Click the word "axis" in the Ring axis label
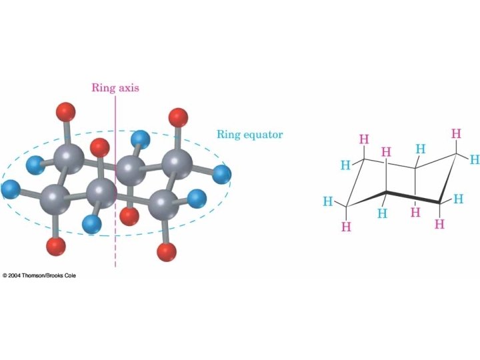pos(127,87)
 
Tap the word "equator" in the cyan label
pos(261,134)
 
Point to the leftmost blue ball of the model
pos(9,189)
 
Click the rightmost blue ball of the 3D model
pos(222,175)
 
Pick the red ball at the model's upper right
pos(178,118)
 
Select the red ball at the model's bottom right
pos(166,252)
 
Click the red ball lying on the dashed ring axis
pos(128,216)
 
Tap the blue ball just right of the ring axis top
pos(141,139)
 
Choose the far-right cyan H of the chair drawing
pos(474,159)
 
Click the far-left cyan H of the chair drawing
pos(327,201)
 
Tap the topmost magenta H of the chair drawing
pos(456,134)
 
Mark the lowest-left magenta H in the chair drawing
pos(345,227)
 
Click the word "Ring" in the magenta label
pos(103,87)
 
